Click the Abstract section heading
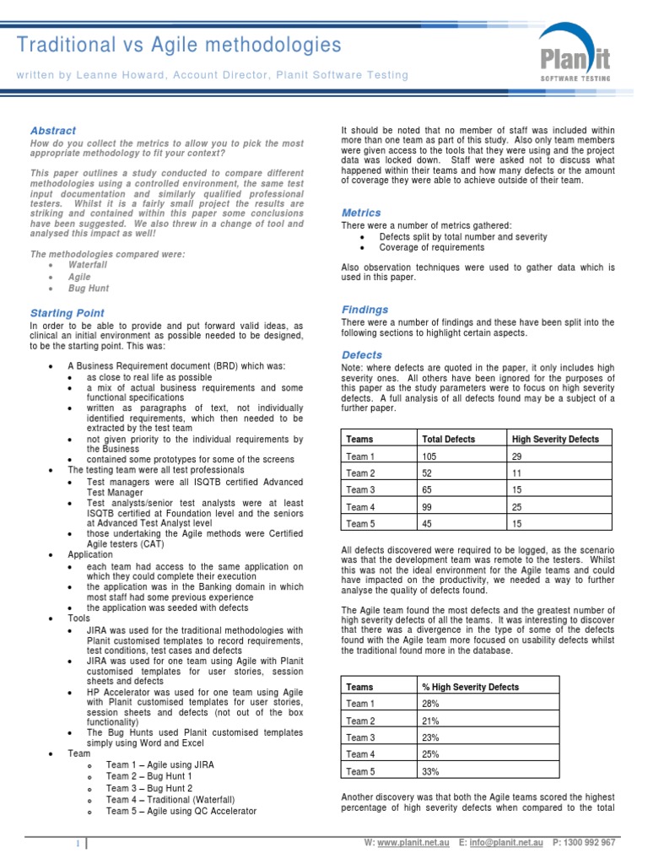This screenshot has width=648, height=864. [53, 131]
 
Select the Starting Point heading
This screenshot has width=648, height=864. [67, 313]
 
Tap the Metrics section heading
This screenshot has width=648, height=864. [361, 213]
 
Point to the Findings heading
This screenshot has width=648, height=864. [364, 310]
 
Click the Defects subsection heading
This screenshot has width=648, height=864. [362, 355]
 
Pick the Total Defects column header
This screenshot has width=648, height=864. [448, 439]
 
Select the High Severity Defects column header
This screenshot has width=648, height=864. [555, 439]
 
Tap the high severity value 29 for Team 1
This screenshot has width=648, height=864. [517, 456]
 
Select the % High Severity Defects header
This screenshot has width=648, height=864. [470, 687]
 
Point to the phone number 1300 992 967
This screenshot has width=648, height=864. [590, 842]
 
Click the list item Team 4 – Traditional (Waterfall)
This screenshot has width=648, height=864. [170, 799]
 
